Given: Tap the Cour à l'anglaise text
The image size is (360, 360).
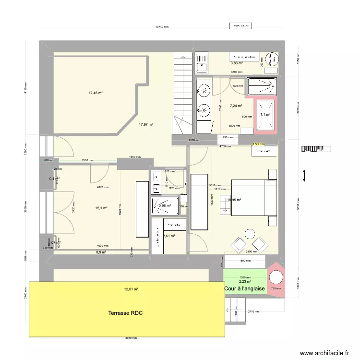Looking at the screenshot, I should point(244,288).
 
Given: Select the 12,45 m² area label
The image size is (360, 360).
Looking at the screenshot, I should point(96,93).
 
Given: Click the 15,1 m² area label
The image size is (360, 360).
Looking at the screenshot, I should point(101,208).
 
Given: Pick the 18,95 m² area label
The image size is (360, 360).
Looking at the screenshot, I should point(234,200).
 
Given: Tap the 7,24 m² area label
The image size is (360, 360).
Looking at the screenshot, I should point(236,106).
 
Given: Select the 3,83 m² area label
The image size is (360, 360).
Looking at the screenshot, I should point(236,63).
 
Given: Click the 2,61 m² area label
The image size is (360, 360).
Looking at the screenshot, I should point(169,236).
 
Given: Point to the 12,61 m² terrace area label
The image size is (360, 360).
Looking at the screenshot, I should point(131,289).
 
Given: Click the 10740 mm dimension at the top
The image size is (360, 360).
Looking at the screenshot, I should point(162,27).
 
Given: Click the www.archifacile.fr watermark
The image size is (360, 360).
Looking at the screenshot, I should point(325,353).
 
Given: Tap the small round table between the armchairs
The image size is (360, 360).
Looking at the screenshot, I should point(250,234).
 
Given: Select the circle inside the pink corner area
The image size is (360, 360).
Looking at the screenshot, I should point(276,278).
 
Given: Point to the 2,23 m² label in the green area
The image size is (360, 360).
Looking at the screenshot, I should point(245,281).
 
